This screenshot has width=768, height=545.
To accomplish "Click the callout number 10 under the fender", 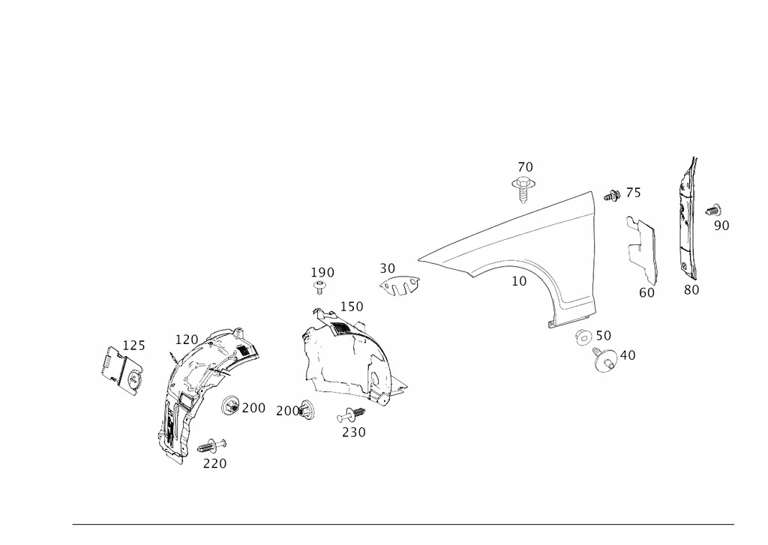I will pyautogui.click(x=519, y=281).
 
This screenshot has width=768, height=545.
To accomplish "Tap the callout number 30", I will pyautogui.click(x=387, y=268).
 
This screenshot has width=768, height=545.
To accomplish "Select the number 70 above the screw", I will pyautogui.click(x=524, y=166).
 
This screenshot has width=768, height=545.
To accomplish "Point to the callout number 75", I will pyautogui.click(x=633, y=193).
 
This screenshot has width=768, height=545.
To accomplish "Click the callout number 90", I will pyautogui.click(x=721, y=225).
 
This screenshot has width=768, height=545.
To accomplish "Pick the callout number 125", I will pyautogui.click(x=133, y=346).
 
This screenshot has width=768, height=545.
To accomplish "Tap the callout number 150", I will pyautogui.click(x=351, y=307).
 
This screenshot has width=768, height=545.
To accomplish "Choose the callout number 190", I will pyautogui.click(x=322, y=272).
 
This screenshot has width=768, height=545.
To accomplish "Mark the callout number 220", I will pyautogui.click(x=214, y=463).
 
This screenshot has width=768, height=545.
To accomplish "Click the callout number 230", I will pyautogui.click(x=353, y=432).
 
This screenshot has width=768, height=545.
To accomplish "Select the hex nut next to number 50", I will pyautogui.click(x=582, y=337).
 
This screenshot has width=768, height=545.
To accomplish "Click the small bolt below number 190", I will pyautogui.click(x=321, y=287).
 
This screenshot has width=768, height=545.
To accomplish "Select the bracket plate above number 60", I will pyautogui.click(x=642, y=243).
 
